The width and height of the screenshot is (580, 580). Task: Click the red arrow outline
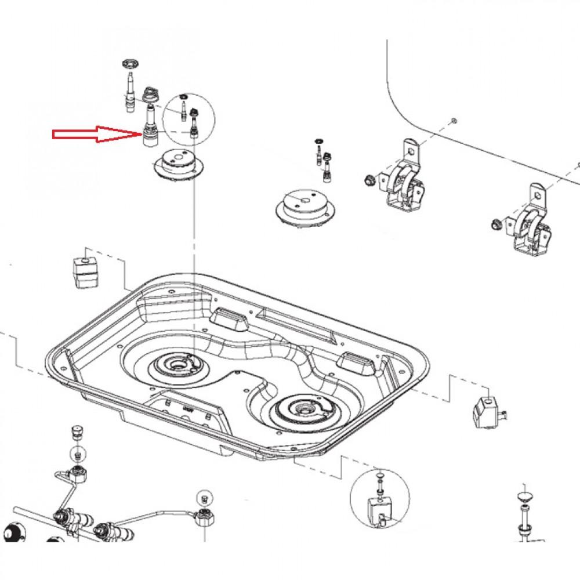tap(93, 135)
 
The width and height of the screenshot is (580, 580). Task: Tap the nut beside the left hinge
tap(368, 180)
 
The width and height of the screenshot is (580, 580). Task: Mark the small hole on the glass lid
tap(454, 121)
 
